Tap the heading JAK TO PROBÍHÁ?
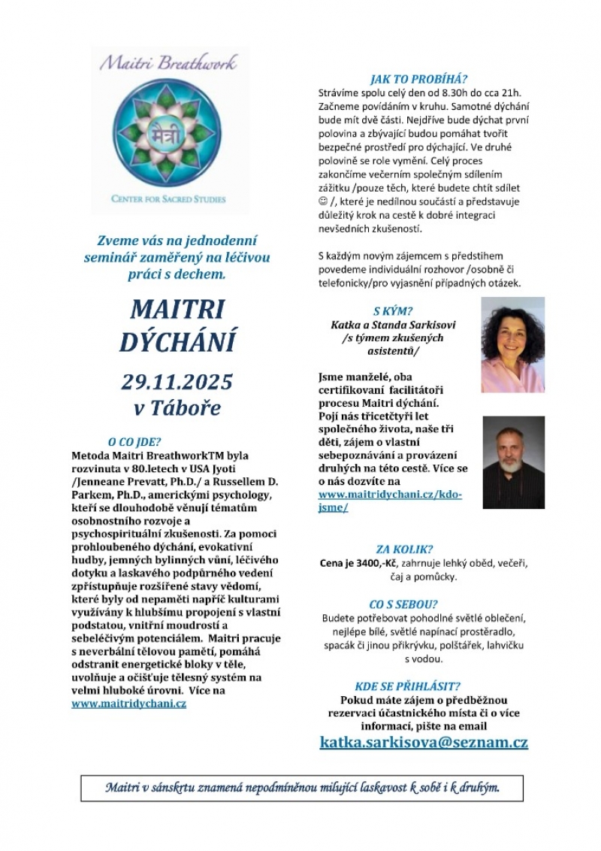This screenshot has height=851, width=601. point(418,78)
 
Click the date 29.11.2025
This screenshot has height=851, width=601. point(177,381)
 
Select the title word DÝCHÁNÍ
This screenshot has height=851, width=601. point(177,341)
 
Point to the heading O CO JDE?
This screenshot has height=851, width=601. point(134,442)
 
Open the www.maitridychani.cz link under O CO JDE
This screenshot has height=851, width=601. point(129,704)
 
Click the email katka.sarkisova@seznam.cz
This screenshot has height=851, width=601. point(424,742)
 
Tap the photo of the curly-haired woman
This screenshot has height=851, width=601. point(512,344)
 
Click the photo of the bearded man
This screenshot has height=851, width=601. point(513,462)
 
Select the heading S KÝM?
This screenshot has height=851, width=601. point(393,310)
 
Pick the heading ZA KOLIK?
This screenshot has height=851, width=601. point(404,549)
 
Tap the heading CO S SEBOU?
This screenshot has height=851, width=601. point(403,604)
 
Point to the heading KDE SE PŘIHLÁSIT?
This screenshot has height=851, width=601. point(407,686)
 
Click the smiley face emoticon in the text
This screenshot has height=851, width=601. point(325,201)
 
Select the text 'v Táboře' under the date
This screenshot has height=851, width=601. point(177,409)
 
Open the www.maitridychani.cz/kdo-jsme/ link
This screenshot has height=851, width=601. point(390,501)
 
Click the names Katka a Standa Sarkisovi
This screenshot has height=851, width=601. point(393,325)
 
